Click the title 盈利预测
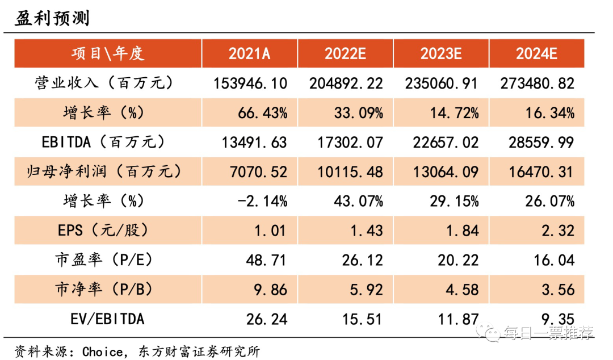pos(52,18)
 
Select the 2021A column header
pos(249,53)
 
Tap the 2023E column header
pos(441,53)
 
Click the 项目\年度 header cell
pos(108,53)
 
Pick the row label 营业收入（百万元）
pos(104,83)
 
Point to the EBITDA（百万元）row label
pos(104,142)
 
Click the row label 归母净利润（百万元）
pos(104,171)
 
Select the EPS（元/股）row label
pos(104,230)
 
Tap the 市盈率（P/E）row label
pos(104,260)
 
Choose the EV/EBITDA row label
pos(107,319)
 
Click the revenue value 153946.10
pos(250,83)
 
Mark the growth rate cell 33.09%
pos(359,113)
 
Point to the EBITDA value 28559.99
pos(541,143)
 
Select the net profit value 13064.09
pos(446,172)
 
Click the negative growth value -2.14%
pos(263,201)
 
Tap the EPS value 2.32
pos(558,231)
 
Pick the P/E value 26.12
pos(362,260)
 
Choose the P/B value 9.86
pos(271,290)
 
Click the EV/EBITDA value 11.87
pos(458,319)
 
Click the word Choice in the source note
pos(102,352)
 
